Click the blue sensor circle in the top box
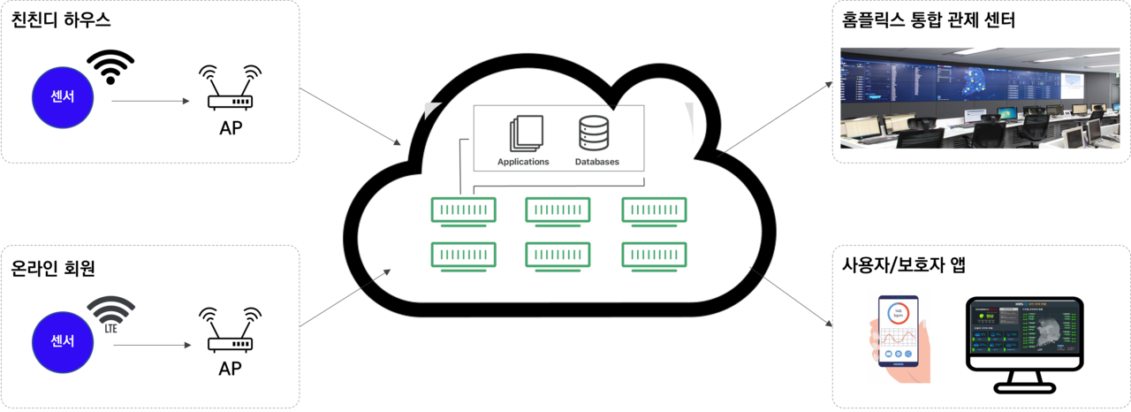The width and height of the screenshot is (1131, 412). [63, 96]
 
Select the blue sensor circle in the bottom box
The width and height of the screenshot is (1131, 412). [63, 340]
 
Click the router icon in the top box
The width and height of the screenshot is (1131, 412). [230, 88]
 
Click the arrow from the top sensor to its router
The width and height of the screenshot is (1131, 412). [151, 101]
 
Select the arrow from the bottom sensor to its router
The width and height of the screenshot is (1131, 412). [151, 345]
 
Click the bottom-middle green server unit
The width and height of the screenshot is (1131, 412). [558, 255]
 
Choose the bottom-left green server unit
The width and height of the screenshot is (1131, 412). [464, 255]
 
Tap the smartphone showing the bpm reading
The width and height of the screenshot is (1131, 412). [899, 334]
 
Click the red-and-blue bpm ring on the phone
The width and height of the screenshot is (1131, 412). [899, 315]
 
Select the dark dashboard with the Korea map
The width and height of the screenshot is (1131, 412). [1025, 327]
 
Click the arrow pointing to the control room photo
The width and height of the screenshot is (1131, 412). [773, 119]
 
